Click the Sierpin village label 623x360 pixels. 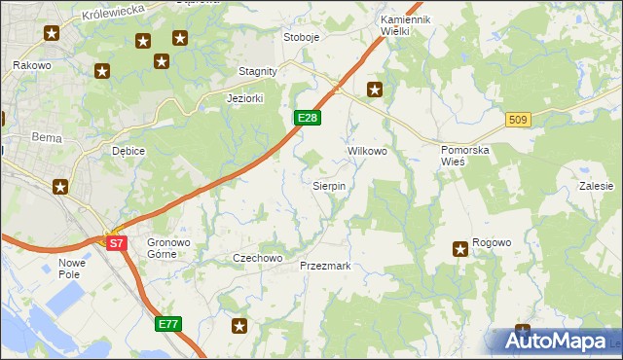[328, 185]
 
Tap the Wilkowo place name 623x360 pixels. [367, 152]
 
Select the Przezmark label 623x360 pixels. [325, 266]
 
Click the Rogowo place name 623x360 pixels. [492, 243]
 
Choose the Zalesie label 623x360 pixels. [596, 185]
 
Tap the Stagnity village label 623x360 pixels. [259, 71]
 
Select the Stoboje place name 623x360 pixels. [301, 37]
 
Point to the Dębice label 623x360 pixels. [128, 151]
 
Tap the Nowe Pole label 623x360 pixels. [73, 269]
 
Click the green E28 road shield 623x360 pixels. [307, 118]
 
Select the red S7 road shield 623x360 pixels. [116, 244]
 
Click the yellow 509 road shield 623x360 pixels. [518, 120]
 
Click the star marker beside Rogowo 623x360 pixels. [460, 249]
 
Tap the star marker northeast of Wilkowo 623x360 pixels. [375, 90]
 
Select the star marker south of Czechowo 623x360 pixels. [239, 326]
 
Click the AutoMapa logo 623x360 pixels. [557, 341]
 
